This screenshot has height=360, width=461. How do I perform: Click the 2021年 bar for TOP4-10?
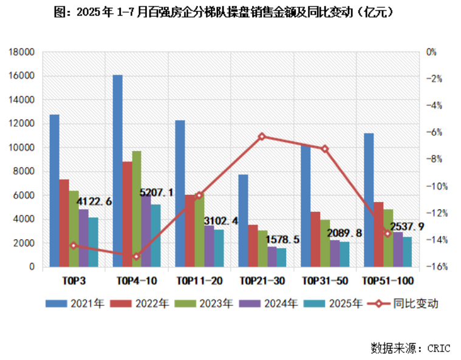click(x=117, y=171)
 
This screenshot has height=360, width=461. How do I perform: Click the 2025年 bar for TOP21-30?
click(x=281, y=257)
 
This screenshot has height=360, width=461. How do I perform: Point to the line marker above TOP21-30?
click(x=262, y=137)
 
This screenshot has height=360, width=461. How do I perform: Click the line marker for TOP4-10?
click(x=136, y=256)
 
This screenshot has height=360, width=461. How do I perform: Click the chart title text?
click(x=230, y=13)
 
